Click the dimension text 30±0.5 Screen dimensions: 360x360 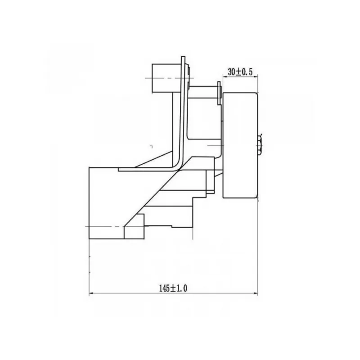click(240, 72)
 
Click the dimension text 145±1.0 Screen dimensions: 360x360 click(173, 288)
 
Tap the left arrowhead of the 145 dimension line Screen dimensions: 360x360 click(91, 293)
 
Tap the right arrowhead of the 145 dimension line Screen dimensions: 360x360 click(256, 293)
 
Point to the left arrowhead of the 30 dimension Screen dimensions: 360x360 click(225, 77)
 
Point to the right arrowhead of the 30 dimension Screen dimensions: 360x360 click(256, 77)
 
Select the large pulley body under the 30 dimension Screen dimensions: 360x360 click(240, 145)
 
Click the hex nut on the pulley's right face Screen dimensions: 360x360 click(260, 145)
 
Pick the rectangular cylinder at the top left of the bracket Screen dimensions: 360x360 click(167, 78)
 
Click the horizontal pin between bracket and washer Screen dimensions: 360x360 click(203, 92)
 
